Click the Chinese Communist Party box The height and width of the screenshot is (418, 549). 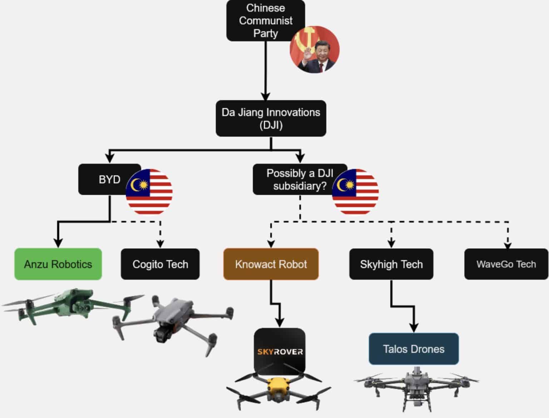click(265, 20)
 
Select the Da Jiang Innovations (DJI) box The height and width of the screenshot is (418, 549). click(271, 118)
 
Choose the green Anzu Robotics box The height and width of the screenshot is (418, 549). click(58, 264)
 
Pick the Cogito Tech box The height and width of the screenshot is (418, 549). click(160, 264)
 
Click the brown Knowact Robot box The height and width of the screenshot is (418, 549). click(271, 264)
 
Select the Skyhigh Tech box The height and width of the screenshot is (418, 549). click(391, 264)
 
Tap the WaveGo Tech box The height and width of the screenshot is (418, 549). click(506, 264)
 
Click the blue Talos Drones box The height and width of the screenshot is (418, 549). click(414, 349)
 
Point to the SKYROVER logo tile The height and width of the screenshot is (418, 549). click(280, 351)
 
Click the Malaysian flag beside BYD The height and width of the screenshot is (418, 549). click(149, 192)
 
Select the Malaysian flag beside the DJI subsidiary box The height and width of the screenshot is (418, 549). click(355, 192)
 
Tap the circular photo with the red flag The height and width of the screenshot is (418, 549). click(314, 49)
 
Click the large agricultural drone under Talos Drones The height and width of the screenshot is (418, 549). click(415, 385)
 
